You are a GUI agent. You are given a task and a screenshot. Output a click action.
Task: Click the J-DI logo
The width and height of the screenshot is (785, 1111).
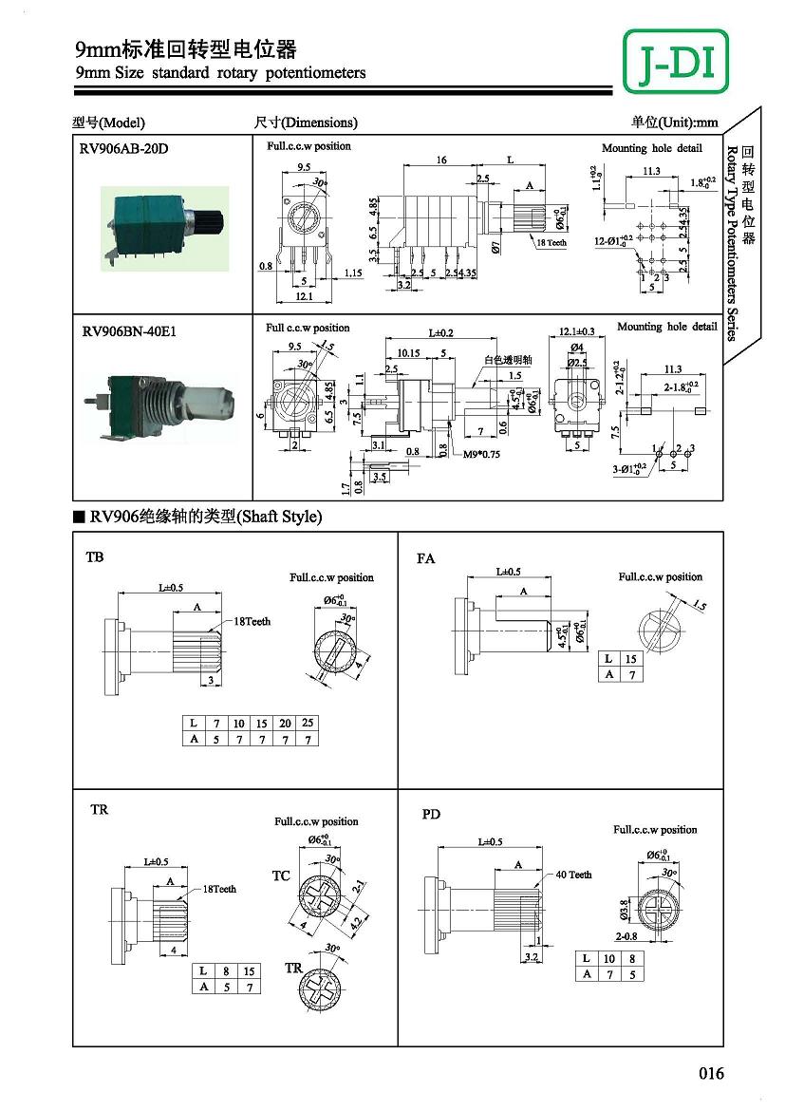point(676,62)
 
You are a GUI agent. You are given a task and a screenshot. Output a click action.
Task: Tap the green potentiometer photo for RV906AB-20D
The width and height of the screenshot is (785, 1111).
point(165,229)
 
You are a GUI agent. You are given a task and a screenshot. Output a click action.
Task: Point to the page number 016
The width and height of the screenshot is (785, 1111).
point(711,1074)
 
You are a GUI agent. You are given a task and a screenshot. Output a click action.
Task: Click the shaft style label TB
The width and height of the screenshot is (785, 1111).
point(95,557)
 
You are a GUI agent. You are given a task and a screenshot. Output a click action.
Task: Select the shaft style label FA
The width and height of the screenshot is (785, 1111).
point(425,558)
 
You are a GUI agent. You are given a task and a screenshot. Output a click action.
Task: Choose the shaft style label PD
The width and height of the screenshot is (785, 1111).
point(431,815)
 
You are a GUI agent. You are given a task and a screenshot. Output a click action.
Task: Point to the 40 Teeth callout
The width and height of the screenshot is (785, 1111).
point(573,875)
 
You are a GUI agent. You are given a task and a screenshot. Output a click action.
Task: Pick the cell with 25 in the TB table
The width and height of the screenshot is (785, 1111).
point(308,724)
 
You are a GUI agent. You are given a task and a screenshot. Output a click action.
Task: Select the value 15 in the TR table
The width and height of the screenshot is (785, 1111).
point(250,971)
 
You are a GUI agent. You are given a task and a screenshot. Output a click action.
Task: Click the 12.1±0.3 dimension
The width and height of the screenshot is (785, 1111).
point(577,330)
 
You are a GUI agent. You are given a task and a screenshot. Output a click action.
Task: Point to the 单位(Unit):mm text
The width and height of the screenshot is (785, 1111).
point(675,122)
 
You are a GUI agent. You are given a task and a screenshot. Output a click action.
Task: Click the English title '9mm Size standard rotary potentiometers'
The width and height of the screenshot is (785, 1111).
point(220,73)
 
